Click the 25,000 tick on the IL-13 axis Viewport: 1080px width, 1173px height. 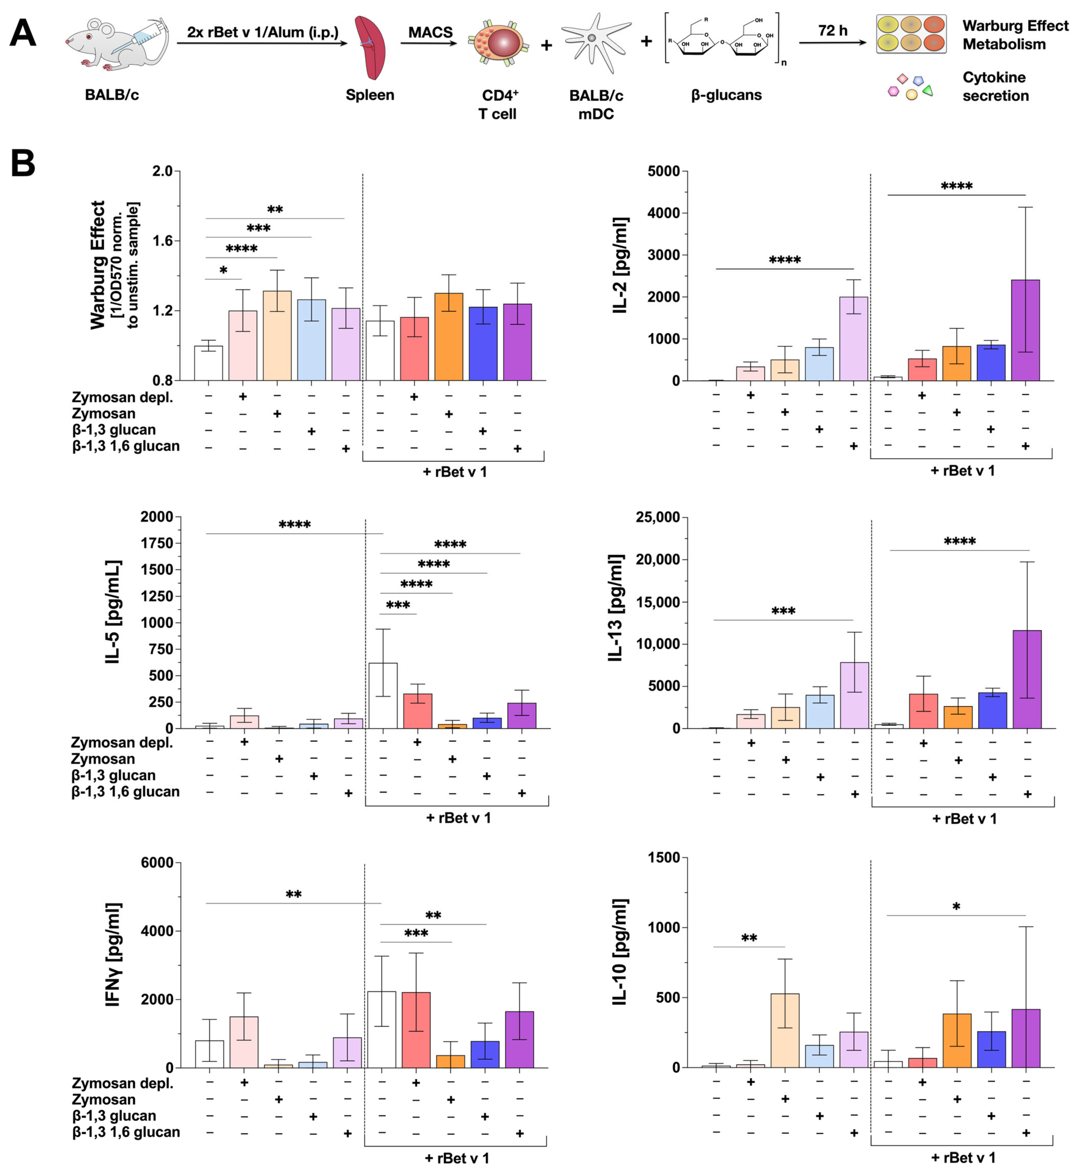click(x=658, y=517)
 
